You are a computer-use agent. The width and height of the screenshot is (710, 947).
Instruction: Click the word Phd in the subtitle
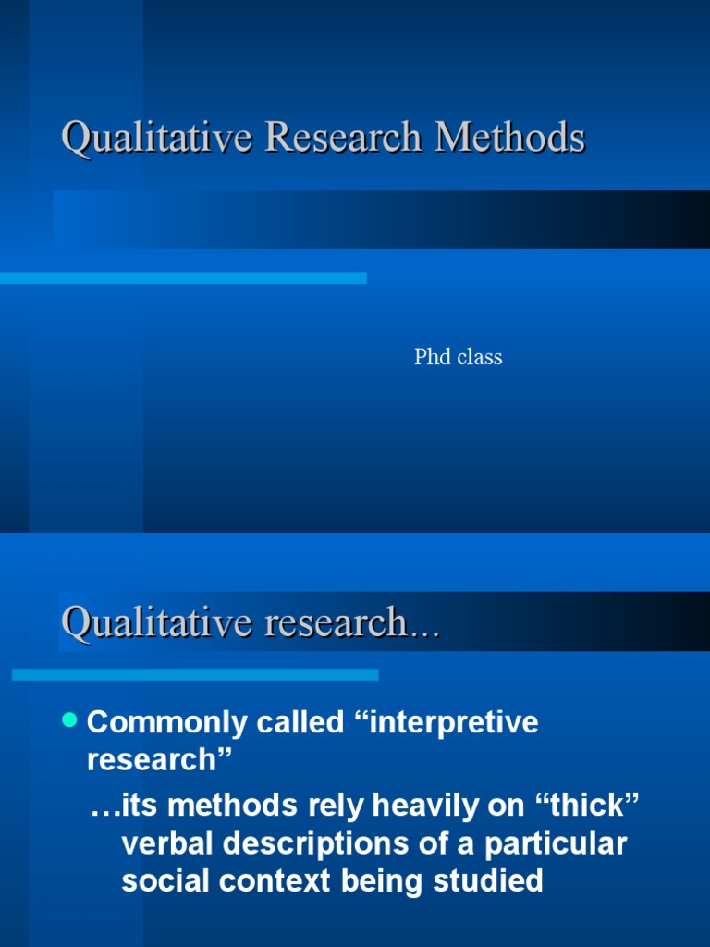[432, 357]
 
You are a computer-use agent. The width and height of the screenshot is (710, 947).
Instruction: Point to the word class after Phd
[479, 357]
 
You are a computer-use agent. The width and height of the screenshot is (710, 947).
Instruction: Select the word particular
[559, 844]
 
